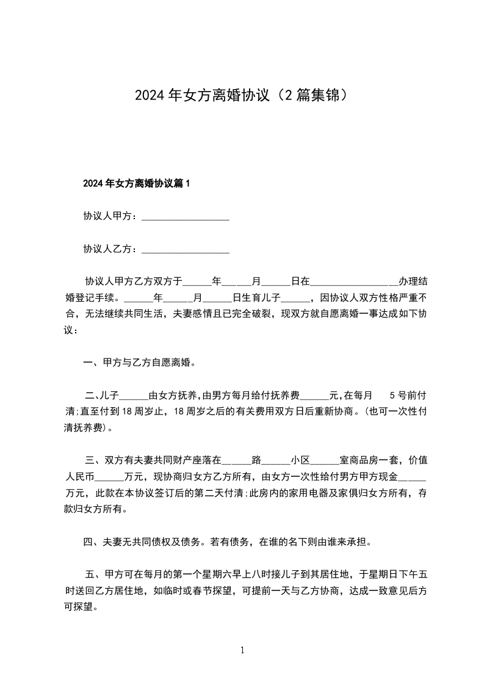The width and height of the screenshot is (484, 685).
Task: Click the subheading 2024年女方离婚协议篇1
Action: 137,183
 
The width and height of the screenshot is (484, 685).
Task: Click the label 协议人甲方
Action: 109,216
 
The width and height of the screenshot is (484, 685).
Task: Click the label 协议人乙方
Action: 109,249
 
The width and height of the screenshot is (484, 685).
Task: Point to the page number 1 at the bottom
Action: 242,650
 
